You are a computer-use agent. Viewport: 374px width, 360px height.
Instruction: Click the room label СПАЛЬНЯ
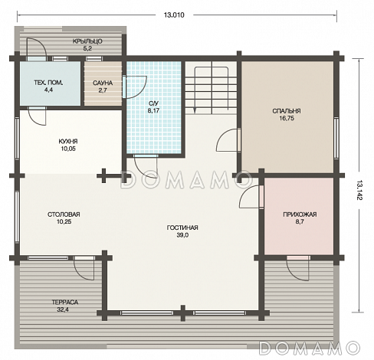tap(287, 111)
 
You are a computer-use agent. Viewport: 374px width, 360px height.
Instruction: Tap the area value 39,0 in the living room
tap(182, 235)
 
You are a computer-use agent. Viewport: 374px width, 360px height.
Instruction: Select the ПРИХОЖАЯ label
tap(300, 214)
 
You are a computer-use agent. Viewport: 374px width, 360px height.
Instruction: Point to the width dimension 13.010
tap(174, 15)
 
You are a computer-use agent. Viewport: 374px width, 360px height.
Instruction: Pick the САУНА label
tap(103, 83)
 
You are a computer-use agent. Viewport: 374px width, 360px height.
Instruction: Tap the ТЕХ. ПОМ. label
tap(48, 83)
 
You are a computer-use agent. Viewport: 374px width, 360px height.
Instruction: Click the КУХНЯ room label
tap(68, 141)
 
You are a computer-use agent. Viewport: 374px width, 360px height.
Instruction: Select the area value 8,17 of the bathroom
tap(154, 110)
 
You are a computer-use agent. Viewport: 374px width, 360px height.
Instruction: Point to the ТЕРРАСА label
tap(65, 303)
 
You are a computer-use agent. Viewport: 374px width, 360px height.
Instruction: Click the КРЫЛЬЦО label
tap(87, 41)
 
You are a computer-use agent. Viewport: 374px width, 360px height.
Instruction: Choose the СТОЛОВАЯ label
tap(64, 214)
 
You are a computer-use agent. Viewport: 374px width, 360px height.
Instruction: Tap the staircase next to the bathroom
tap(211, 87)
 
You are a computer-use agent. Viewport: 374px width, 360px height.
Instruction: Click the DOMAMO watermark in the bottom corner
tap(310, 348)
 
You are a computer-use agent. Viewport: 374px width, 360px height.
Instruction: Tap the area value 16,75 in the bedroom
tap(287, 118)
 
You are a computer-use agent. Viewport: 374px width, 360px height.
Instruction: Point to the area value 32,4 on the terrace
tap(63, 309)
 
